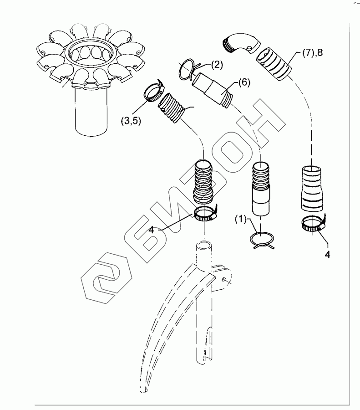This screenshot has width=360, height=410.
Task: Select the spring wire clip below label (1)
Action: (261, 240)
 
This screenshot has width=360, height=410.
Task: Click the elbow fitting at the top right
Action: (240, 44)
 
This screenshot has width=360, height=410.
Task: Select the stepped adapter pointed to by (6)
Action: (212, 90)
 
